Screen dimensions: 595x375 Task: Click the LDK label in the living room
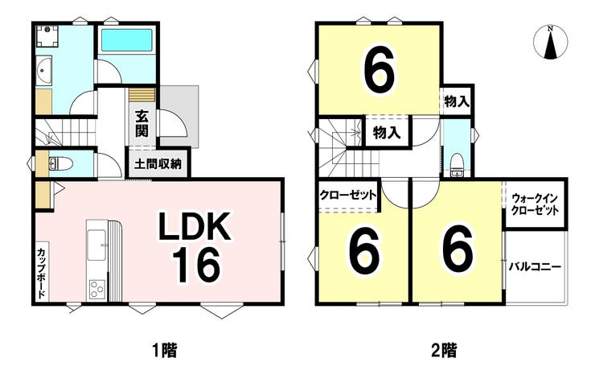coord(195,227)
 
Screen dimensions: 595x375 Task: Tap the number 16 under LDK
coord(196,266)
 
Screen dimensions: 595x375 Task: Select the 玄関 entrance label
coord(142,123)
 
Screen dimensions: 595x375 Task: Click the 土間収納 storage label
coord(158,164)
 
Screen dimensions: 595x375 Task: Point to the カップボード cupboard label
coord(42,273)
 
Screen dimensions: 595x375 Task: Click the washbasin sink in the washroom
coord(44,69)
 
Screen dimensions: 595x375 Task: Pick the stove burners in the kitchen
coord(96,290)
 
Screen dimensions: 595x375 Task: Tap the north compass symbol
coord(550,42)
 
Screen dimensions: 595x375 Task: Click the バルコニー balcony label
coord(535,266)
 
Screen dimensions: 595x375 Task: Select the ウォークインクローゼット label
coord(535,204)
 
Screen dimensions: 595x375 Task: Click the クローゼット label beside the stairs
coord(347,196)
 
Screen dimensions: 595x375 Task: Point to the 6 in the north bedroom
coord(379,72)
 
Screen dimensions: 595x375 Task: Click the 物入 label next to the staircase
coord(387,133)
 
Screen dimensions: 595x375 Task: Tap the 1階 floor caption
coord(165,350)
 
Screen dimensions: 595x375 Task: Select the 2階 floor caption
coord(444,350)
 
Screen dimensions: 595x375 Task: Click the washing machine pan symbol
coord(47,36)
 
